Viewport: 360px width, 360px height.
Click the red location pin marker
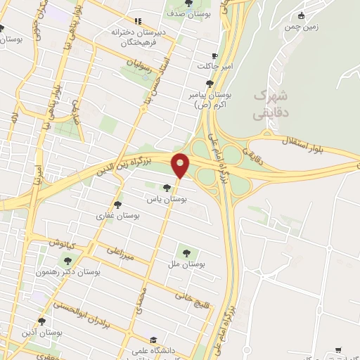tap(181, 165)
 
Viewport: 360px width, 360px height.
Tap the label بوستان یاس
tap(166, 200)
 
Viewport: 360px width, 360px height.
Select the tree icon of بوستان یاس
tap(166, 188)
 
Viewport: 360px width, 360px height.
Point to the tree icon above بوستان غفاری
tap(119, 204)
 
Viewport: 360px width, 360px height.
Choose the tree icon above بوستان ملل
tap(186, 252)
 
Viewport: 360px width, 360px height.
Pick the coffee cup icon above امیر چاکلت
tap(214, 56)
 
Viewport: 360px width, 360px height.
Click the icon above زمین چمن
tap(302, 16)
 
